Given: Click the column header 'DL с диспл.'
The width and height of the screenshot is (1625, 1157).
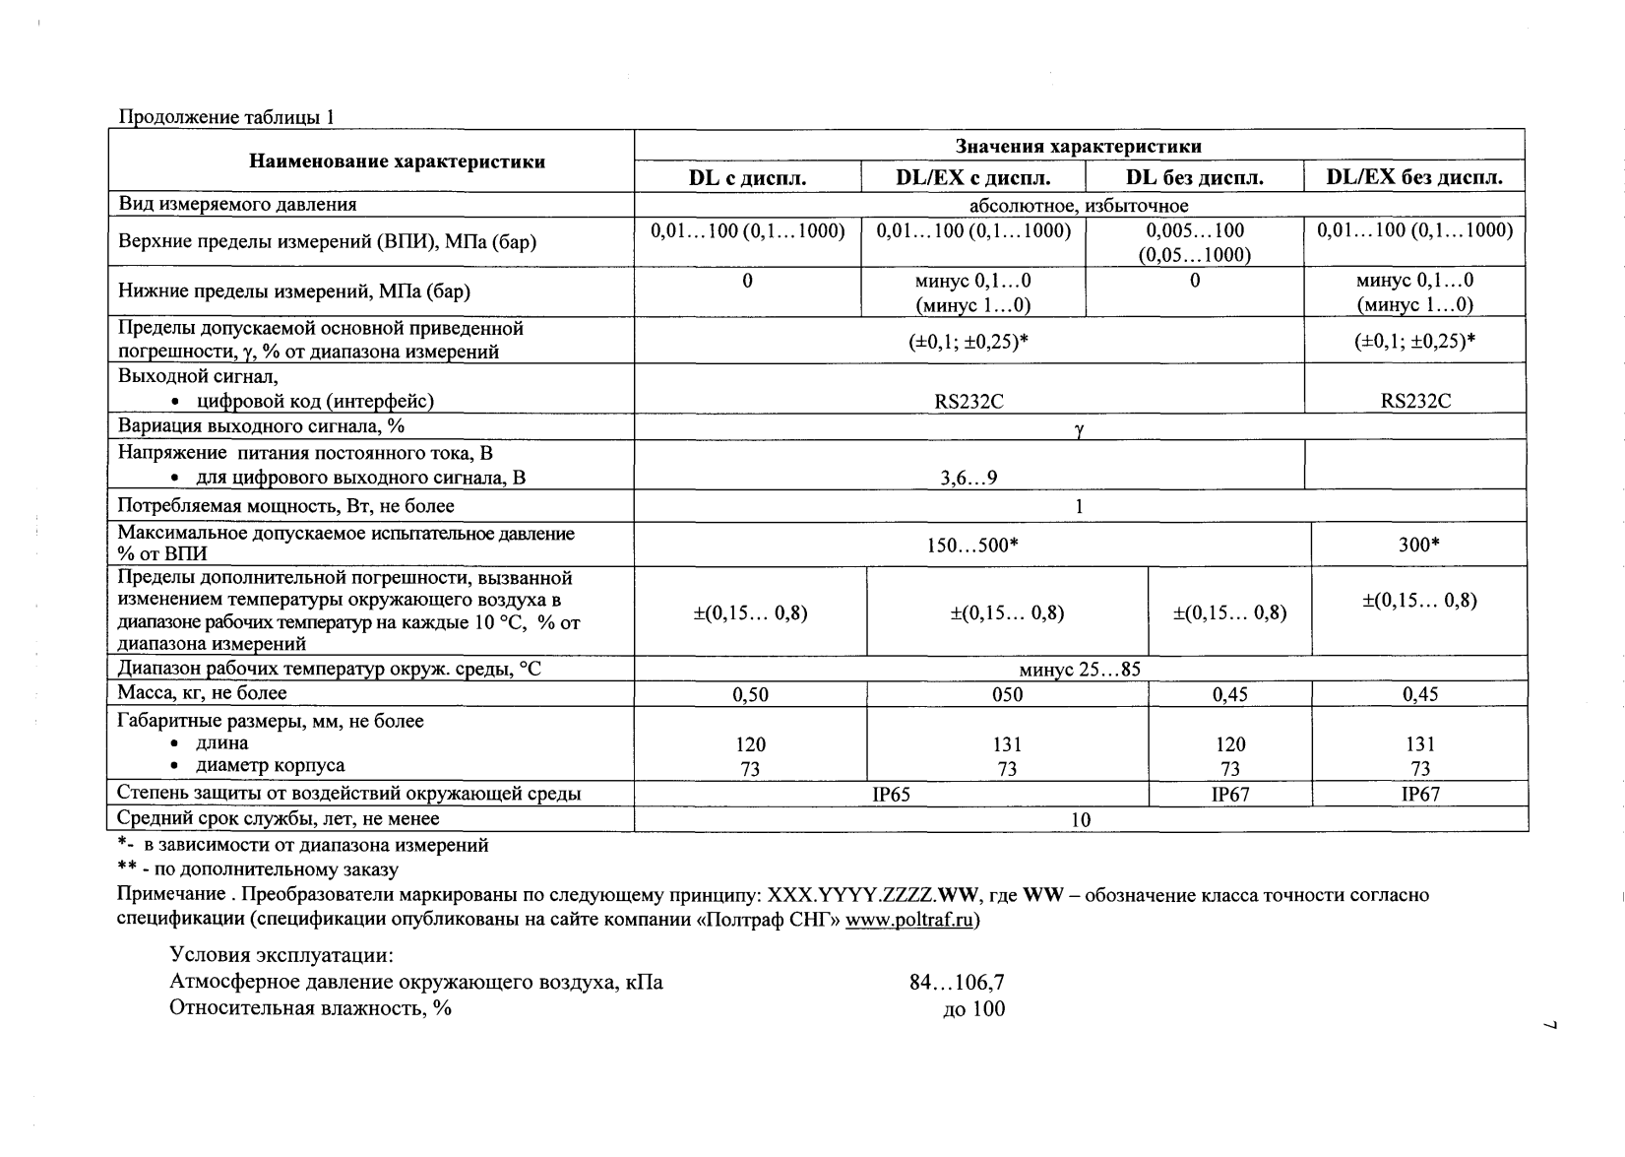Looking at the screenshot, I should pyautogui.click(x=747, y=178).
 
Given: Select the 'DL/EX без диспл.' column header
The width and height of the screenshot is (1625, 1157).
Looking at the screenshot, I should pyautogui.click(x=1414, y=178).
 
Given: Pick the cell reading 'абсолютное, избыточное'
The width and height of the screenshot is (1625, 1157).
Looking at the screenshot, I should pyautogui.click(x=1079, y=206).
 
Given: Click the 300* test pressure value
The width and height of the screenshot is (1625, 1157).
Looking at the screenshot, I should pyautogui.click(x=1419, y=545).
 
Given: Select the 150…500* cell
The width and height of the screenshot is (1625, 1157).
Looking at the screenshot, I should pyautogui.click(x=972, y=545).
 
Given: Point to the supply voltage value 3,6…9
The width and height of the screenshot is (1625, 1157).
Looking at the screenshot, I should pyautogui.click(x=969, y=479).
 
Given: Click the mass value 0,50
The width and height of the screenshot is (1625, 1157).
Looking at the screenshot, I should pyautogui.click(x=750, y=695).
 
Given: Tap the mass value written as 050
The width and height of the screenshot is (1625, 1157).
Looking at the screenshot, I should pyautogui.click(x=1007, y=695).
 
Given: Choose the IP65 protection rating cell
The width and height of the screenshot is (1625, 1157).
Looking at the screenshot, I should pyautogui.click(x=892, y=795).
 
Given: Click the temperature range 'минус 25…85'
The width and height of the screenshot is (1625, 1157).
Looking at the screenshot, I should pyautogui.click(x=1080, y=670).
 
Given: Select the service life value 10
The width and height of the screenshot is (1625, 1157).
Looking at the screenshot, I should pyautogui.click(x=1081, y=819).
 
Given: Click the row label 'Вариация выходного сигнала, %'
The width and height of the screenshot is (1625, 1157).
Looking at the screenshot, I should pyautogui.click(x=262, y=426).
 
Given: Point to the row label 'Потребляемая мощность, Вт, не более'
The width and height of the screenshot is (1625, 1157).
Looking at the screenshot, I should pyautogui.click(x=286, y=506).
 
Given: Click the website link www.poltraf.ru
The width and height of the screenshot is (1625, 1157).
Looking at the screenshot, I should pyautogui.click(x=909, y=921).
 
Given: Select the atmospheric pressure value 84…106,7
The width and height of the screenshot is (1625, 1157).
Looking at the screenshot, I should pyautogui.click(x=957, y=983).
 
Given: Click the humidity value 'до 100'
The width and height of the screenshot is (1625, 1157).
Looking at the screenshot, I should pyautogui.click(x=973, y=1008).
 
